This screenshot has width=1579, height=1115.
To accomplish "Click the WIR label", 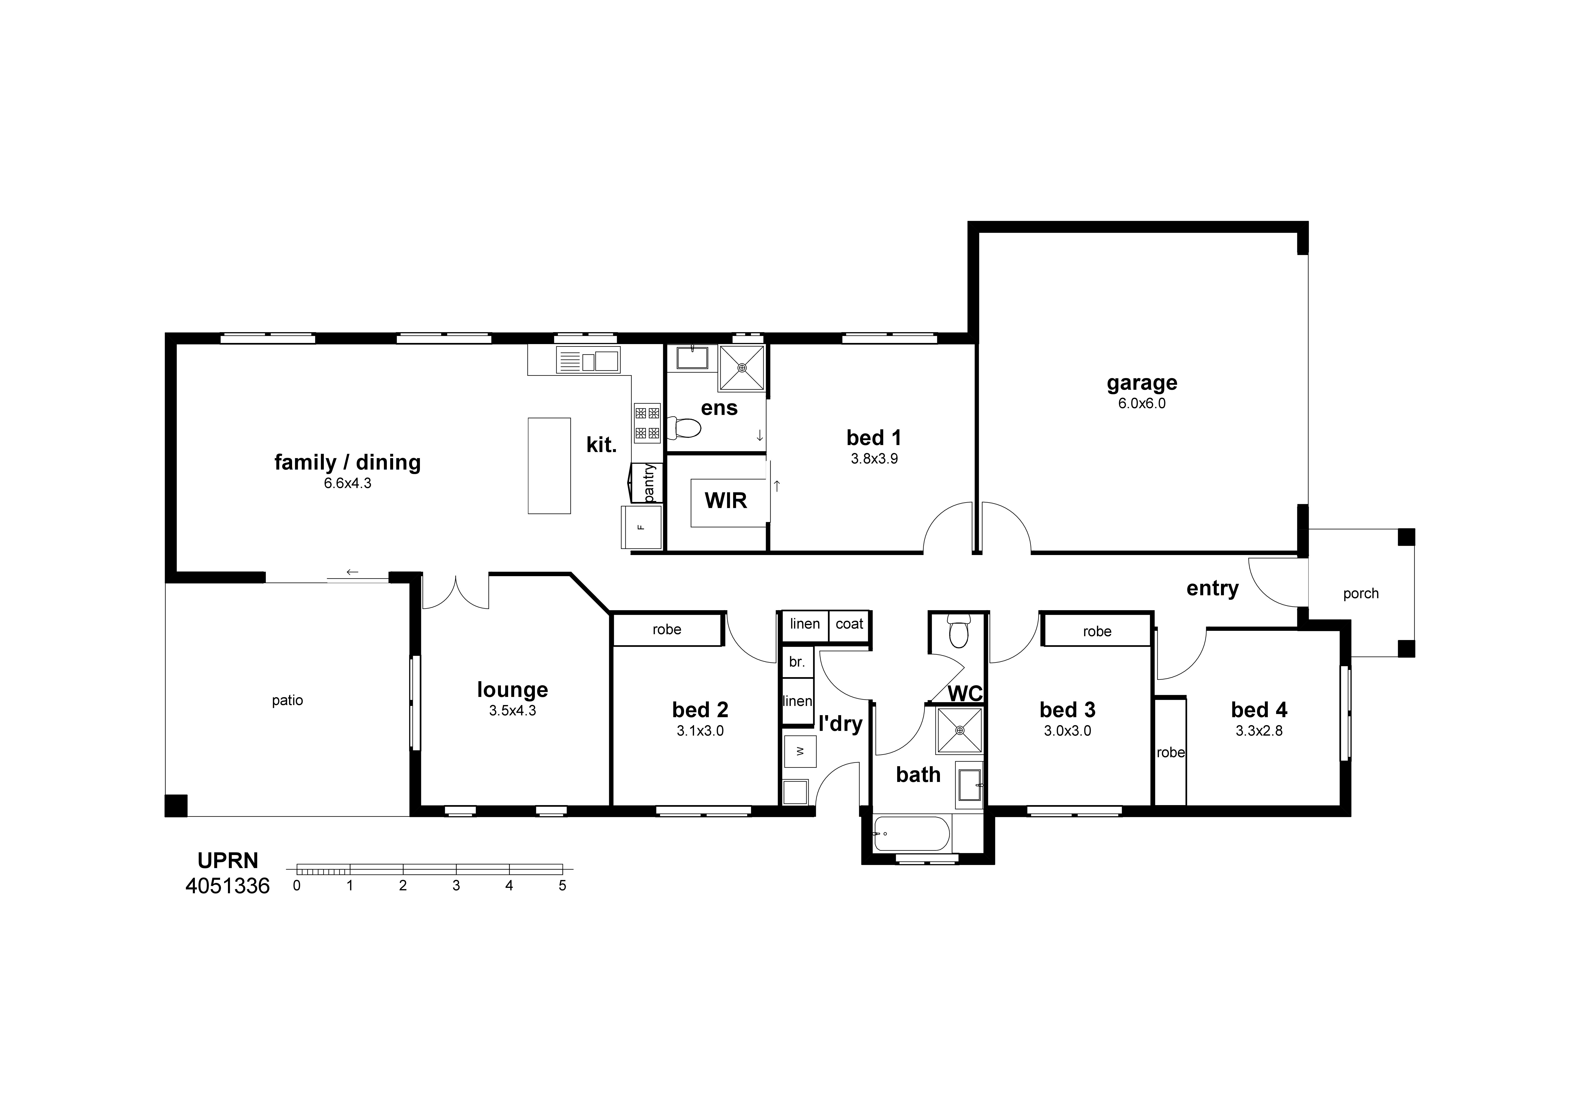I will pyautogui.click(x=725, y=500).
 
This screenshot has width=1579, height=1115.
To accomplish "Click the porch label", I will pyautogui.click(x=1360, y=594).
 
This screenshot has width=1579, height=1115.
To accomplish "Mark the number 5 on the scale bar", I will pyautogui.click(x=562, y=886).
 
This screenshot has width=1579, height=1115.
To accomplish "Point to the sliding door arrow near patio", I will pyautogui.click(x=352, y=572).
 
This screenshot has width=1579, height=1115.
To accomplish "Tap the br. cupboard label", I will pyautogui.click(x=796, y=662).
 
